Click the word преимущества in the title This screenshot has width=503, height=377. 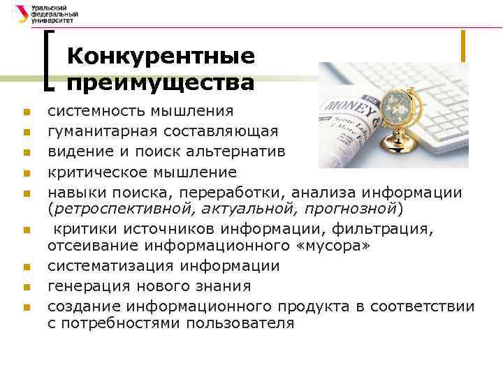161,82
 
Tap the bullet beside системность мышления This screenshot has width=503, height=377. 24,112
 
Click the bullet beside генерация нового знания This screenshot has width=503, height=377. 24,287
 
